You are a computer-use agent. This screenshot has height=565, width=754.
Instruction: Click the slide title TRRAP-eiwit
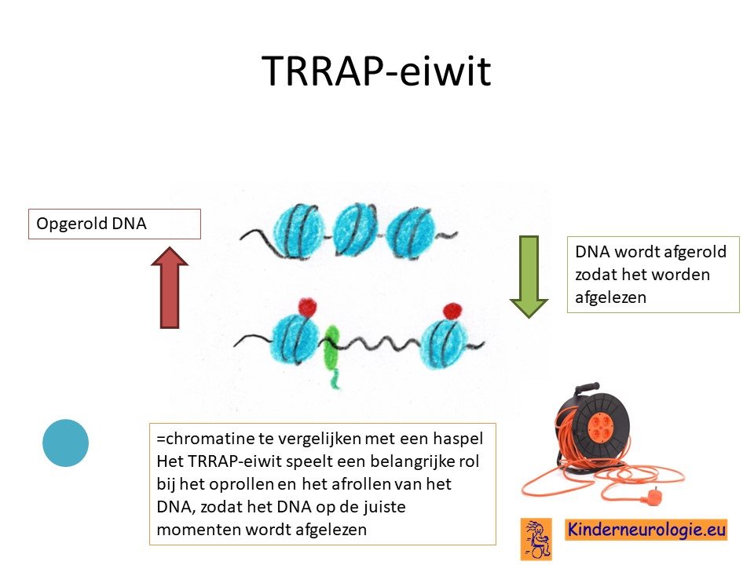376,71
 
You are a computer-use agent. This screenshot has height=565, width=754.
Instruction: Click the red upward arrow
170,287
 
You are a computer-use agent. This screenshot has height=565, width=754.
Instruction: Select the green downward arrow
529,277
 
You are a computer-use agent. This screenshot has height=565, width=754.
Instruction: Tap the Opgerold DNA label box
115,224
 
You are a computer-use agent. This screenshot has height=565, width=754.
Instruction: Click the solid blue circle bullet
65,443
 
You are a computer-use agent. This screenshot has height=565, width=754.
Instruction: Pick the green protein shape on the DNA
331,355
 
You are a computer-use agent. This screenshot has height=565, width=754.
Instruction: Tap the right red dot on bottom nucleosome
452,311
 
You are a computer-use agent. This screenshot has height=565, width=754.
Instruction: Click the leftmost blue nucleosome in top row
298,232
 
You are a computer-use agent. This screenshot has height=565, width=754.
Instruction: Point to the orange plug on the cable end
653,494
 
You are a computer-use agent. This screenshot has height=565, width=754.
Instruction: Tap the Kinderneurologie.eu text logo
646,530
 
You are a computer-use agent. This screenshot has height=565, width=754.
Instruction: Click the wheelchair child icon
536,539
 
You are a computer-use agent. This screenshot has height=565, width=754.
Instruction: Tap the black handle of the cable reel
584,388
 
